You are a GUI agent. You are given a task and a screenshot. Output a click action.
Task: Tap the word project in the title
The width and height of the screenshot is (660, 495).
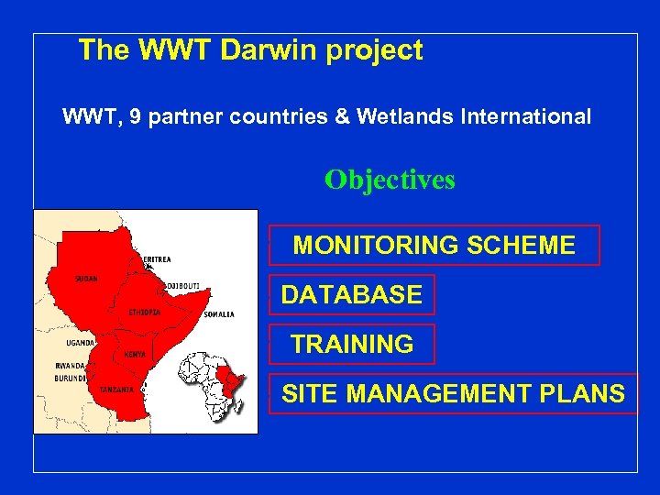372,51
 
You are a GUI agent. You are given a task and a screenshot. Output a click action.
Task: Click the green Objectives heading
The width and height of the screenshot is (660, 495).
390,180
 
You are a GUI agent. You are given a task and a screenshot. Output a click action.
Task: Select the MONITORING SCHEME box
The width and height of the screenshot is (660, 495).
434,245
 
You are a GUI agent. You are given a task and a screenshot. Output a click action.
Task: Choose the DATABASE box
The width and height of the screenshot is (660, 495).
352,294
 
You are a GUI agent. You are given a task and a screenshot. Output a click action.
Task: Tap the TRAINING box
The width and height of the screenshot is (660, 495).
352,344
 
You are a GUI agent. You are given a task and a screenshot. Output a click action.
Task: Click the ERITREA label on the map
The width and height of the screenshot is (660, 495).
157,259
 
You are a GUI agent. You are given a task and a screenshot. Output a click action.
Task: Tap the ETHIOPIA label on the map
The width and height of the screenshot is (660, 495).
145,312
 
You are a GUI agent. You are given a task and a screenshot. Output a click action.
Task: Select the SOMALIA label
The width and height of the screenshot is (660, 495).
219,314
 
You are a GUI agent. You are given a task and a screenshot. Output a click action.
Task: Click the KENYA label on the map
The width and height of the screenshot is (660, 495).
134,354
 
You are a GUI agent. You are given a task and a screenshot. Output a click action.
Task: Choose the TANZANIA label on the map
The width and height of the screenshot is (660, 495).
116,390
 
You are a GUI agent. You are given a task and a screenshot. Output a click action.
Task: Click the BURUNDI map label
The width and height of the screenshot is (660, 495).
70,378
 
